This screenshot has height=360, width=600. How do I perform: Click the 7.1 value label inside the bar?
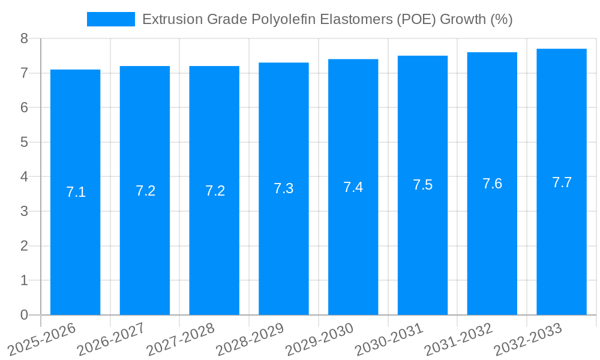(76, 192)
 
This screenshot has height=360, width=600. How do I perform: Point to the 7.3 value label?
(284, 188)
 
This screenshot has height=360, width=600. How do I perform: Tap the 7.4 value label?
(353, 187)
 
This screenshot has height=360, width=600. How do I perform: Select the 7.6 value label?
(492, 184)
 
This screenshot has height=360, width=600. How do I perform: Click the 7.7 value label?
(562, 182)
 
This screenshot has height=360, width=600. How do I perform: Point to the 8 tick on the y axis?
(24, 38)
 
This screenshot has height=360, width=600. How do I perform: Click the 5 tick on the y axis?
(24, 142)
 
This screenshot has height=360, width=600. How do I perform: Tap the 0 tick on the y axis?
(24, 315)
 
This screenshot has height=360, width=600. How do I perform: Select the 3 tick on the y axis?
(24, 211)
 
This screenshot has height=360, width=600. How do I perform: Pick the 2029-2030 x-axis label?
(320, 340)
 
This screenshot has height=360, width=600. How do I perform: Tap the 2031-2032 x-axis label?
(459, 340)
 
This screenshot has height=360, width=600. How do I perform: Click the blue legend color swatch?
(111, 19)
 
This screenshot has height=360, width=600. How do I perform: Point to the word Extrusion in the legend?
(168, 19)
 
